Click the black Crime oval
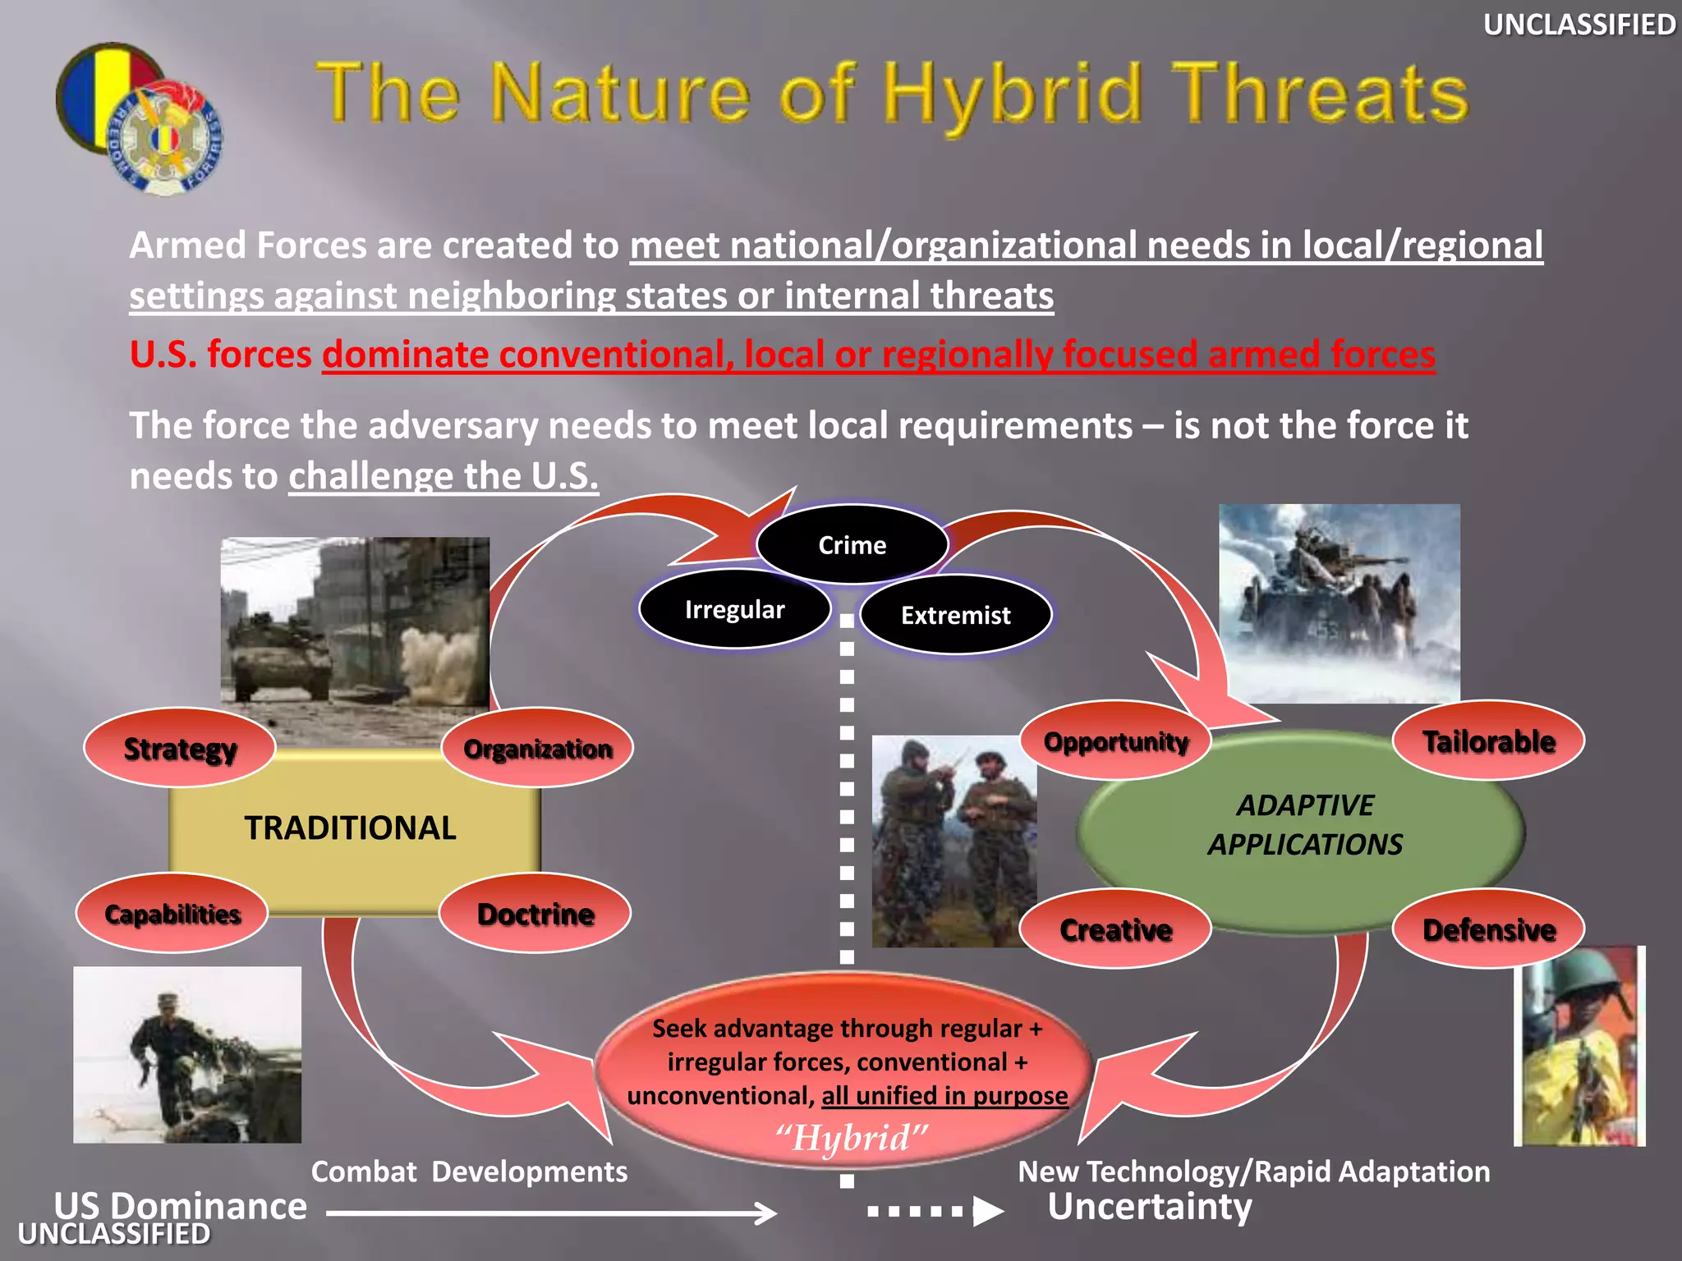tap(852, 545)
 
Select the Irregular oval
tap(734, 610)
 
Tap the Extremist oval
tap(955, 616)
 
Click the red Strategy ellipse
tap(179, 749)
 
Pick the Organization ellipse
tap(537, 749)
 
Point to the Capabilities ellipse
tap(172, 914)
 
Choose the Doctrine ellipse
tap(535, 914)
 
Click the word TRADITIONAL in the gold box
tap(350, 828)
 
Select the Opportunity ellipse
tap(1115, 741)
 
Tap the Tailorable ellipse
tap(1488, 741)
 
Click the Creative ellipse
tap(1115, 929)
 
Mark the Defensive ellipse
tap(1488, 929)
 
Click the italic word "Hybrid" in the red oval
tap(851, 1138)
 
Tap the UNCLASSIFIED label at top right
tap(1579, 25)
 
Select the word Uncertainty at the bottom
tap(1149, 1207)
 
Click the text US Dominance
tap(181, 1205)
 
